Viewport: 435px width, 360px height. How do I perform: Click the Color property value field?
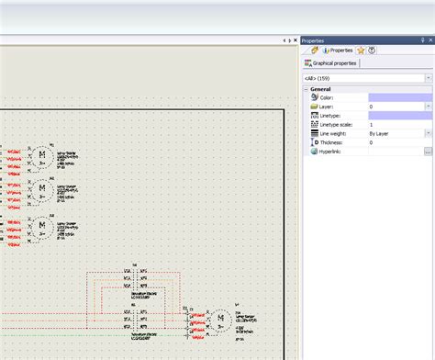(399, 97)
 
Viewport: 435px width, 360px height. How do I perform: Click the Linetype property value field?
(399, 116)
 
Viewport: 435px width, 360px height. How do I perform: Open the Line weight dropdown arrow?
(429, 133)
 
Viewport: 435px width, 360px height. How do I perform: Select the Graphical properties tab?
(334, 63)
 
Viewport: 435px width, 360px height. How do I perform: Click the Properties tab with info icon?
(337, 50)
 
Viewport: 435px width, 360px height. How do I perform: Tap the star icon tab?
(361, 50)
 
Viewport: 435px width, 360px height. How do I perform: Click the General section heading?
(320, 89)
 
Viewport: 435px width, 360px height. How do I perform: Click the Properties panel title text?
(313, 40)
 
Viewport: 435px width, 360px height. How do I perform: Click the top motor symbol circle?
(41, 155)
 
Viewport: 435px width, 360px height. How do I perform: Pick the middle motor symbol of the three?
(41, 191)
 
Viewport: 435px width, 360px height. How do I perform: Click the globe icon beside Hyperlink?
(314, 152)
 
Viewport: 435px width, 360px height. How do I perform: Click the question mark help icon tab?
(372, 50)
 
